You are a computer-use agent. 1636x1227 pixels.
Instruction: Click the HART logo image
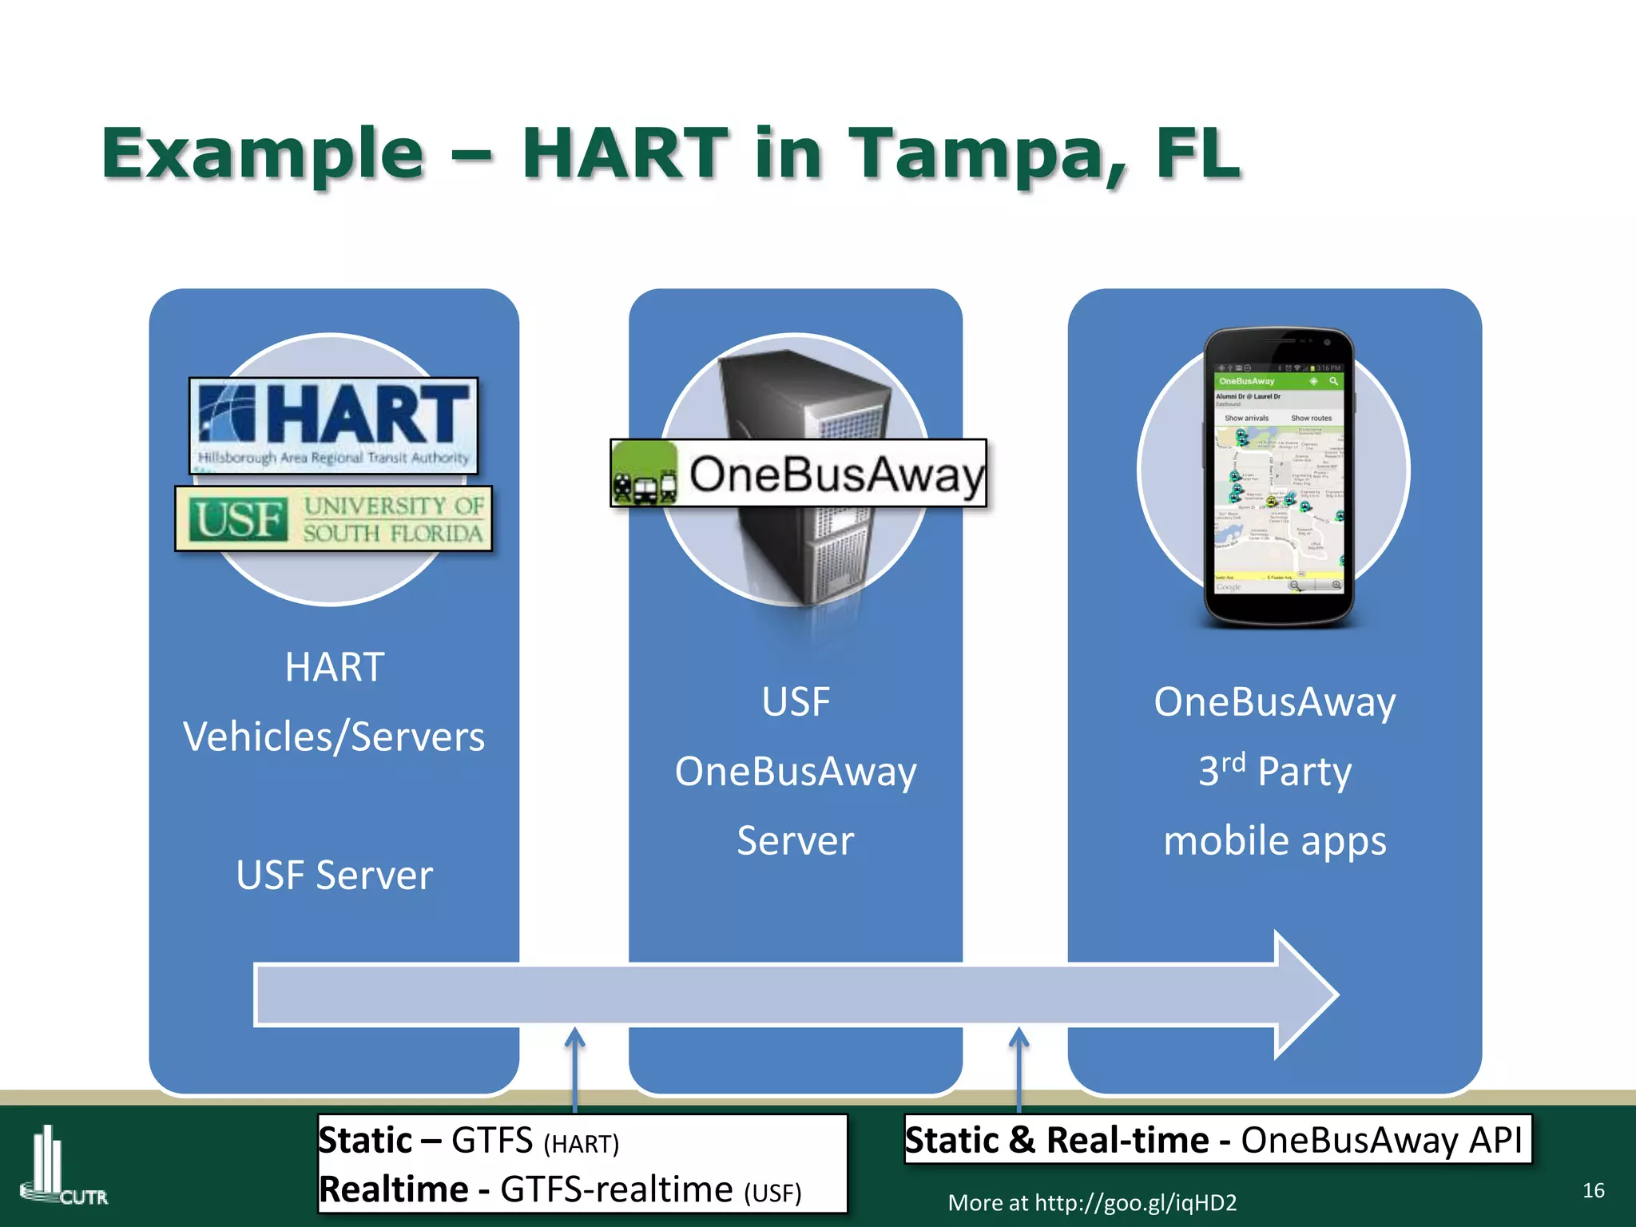click(x=333, y=425)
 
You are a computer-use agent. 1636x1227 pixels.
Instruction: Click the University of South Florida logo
click(x=333, y=519)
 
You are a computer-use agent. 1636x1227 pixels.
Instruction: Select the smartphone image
click(x=1278, y=477)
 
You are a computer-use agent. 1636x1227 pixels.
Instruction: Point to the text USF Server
click(x=334, y=876)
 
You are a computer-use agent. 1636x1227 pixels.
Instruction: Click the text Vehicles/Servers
click(x=334, y=737)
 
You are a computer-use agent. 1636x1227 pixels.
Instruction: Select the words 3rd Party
click(x=1275, y=771)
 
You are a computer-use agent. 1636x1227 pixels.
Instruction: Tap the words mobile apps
click(x=1275, y=841)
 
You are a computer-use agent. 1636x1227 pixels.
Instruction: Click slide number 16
click(x=1593, y=1190)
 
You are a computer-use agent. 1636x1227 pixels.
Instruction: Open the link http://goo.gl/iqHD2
click(x=1135, y=1203)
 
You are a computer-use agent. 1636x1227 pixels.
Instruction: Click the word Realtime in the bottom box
click(x=393, y=1189)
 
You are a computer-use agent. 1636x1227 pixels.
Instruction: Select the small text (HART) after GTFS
click(x=581, y=1145)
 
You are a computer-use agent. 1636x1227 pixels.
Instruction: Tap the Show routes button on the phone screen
click(x=1311, y=418)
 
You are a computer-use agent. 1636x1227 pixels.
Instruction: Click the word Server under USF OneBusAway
click(x=795, y=841)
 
